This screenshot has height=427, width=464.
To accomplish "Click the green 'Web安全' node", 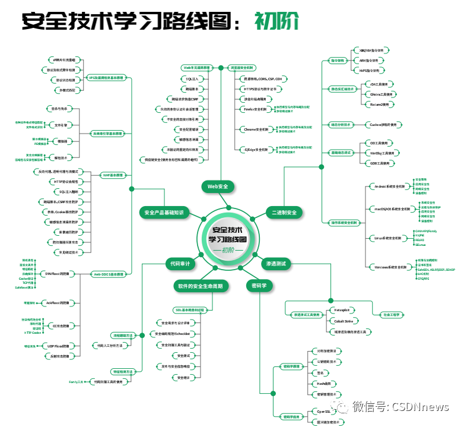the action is (x=218, y=186).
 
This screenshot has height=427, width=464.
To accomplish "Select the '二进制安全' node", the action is (x=283, y=212).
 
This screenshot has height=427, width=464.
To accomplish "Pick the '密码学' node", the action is (x=260, y=286).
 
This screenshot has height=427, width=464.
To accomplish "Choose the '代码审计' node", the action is (x=179, y=263).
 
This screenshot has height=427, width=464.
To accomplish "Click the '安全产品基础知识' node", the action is (x=164, y=212).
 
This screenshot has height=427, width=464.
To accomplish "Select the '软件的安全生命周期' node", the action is (x=200, y=286).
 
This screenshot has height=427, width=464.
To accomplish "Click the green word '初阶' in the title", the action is (x=277, y=20).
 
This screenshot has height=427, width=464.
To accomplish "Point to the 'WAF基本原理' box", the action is (x=113, y=175).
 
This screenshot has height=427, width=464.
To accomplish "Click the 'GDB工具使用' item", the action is (x=379, y=163).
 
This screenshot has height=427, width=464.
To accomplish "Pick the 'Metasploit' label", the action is (x=345, y=310).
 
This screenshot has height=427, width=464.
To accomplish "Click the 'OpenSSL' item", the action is (x=324, y=411).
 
